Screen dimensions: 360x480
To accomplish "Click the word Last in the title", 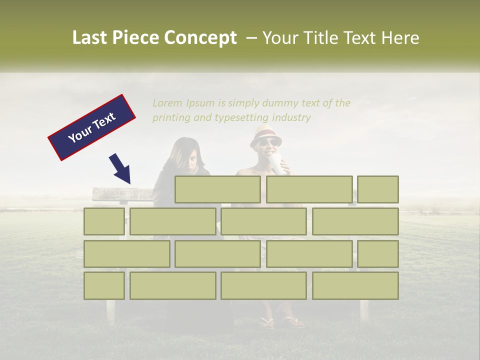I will click(x=89, y=38).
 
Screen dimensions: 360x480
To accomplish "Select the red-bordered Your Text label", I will click(x=92, y=127).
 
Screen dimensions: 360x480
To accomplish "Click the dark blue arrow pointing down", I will click(x=120, y=169).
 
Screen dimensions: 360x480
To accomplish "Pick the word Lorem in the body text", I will click(x=167, y=103).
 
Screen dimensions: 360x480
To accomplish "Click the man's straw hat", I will click(x=265, y=135).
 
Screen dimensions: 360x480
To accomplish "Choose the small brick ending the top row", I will click(x=378, y=189).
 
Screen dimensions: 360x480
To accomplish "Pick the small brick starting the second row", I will click(x=104, y=221).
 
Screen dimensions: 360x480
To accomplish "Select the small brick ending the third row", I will click(x=378, y=253).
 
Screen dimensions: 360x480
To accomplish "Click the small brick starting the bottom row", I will click(x=104, y=285).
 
